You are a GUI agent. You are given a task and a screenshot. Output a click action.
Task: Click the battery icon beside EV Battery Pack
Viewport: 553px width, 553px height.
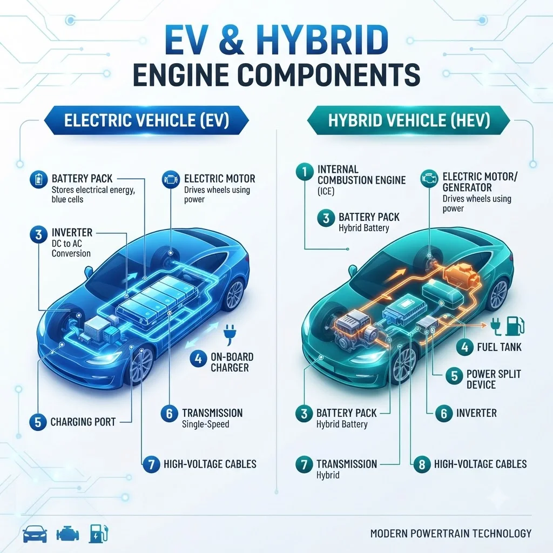coord(38,179)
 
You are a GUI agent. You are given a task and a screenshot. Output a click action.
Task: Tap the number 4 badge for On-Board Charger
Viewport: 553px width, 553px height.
coord(198,359)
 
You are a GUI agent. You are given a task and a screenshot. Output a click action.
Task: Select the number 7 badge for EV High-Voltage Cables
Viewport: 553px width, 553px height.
coord(152,464)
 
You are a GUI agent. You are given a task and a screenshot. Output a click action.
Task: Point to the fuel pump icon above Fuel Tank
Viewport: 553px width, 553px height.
coord(515,326)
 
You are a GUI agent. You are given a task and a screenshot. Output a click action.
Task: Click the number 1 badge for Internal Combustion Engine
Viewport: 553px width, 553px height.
coord(305,172)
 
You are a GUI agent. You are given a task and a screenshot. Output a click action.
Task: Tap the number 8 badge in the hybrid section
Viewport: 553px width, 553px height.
coord(422,464)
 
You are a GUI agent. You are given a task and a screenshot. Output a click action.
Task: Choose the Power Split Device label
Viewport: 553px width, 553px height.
coord(494,379)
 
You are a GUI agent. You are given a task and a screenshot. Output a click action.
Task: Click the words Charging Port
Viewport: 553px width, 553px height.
coord(83,422)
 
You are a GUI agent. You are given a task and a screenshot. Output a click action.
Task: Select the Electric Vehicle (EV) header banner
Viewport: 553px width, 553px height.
coord(146,120)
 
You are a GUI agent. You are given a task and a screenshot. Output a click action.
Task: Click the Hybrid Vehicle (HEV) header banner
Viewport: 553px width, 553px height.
coord(409,120)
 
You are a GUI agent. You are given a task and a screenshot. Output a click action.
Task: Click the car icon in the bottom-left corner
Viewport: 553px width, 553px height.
coord(35,534)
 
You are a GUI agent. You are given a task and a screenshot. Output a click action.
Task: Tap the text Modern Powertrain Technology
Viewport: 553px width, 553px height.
coord(451,533)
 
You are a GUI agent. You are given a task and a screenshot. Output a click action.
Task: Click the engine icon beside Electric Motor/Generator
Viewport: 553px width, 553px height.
coord(429,178)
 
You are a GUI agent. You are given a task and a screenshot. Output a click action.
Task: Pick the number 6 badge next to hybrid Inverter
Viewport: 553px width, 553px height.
coord(444,413)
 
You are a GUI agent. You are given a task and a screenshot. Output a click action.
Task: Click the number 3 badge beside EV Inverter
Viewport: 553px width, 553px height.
coord(39,234)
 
